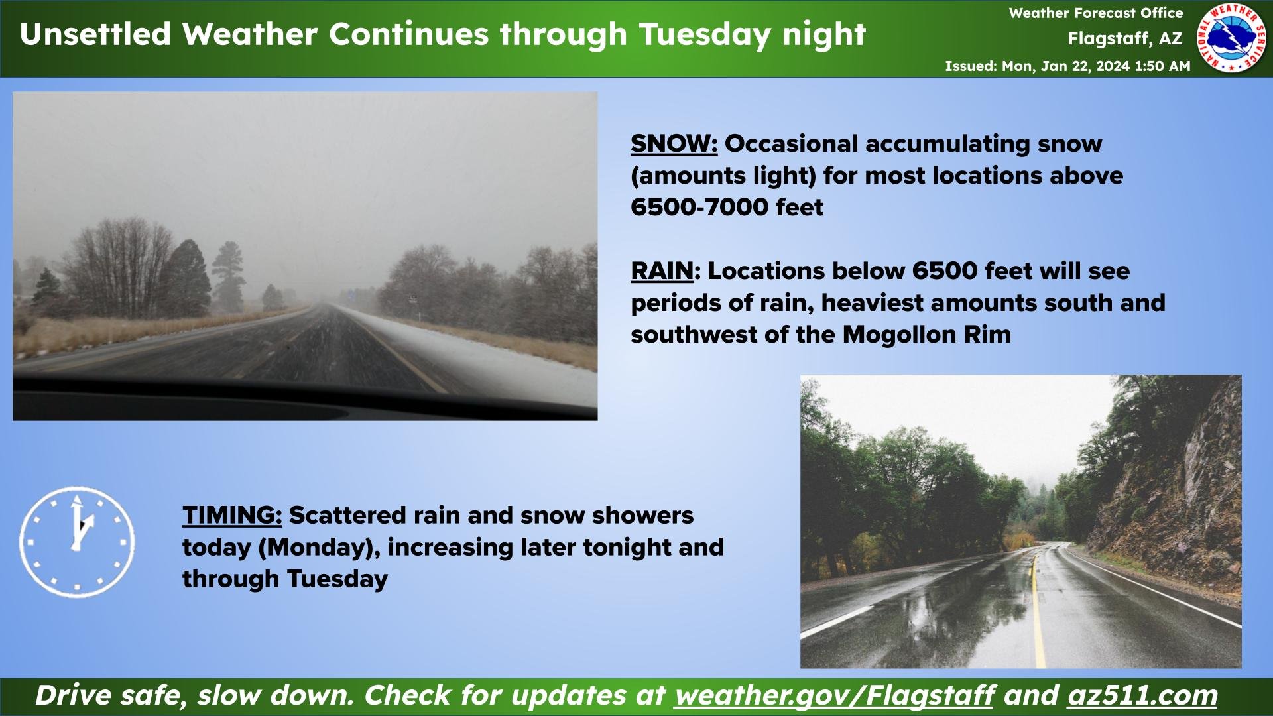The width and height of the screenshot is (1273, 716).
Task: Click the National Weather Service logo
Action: click(1231, 37)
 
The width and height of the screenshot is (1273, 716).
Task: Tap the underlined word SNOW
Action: click(674, 144)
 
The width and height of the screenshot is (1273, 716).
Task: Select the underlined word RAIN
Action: click(662, 271)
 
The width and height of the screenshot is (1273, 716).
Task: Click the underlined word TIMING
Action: click(232, 515)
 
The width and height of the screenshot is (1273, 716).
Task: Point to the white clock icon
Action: click(77, 542)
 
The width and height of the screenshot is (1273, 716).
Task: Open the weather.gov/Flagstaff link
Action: click(834, 695)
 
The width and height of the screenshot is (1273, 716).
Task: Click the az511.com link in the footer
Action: click(1142, 695)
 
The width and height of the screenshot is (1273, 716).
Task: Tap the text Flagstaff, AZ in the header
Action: click(1125, 38)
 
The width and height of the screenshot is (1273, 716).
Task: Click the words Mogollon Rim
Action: click(927, 335)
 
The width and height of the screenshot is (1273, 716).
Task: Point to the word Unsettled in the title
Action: click(95, 34)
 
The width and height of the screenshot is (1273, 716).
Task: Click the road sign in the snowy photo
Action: click(413, 298)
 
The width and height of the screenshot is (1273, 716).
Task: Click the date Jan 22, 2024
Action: click(1085, 66)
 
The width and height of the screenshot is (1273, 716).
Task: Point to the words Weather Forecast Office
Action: click(1096, 13)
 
